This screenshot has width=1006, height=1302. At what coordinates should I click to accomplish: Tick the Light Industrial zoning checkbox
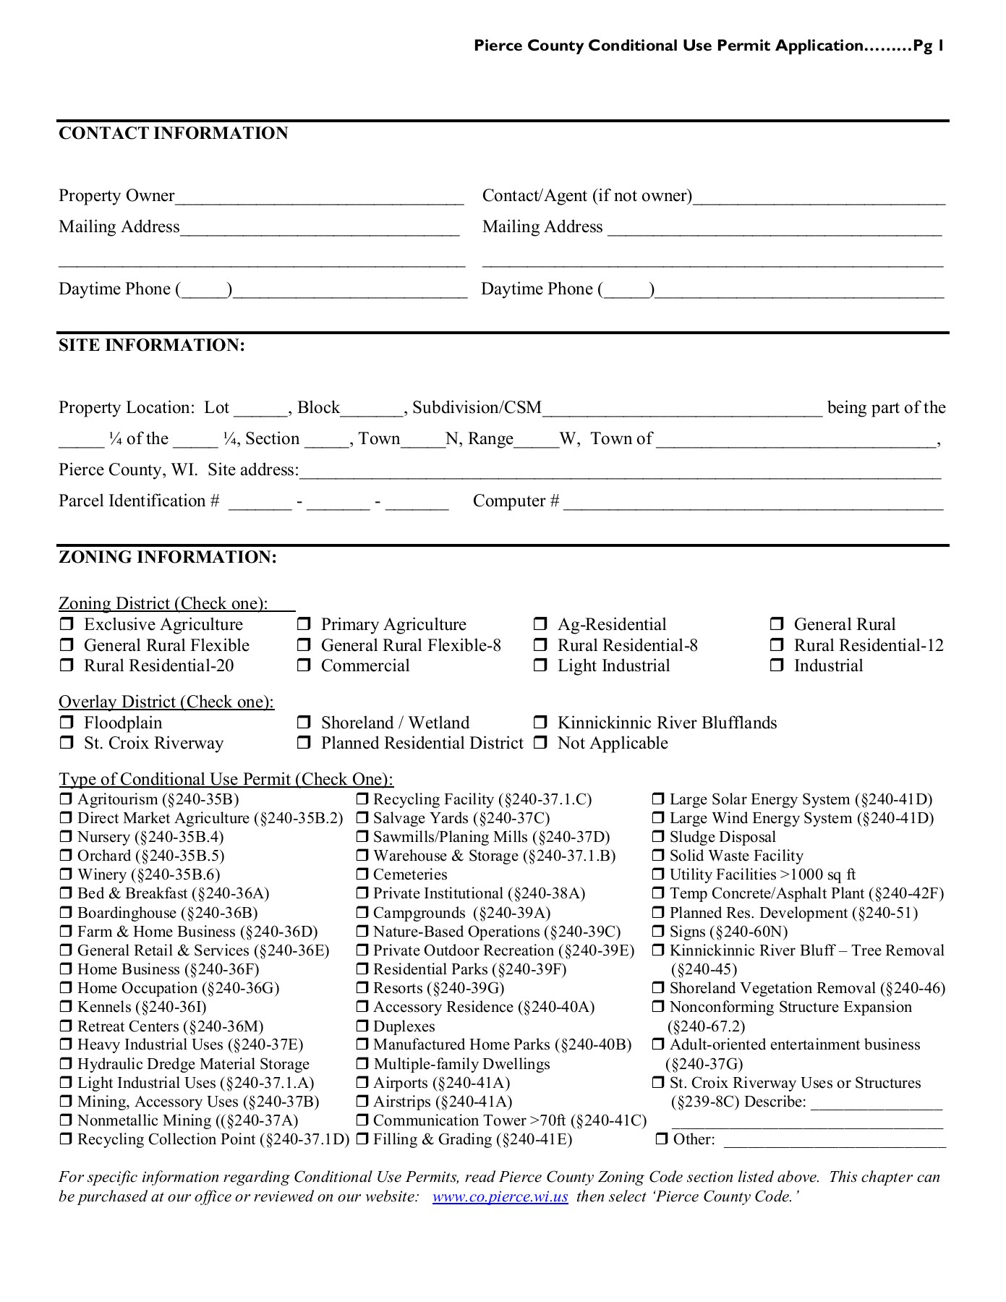tap(540, 666)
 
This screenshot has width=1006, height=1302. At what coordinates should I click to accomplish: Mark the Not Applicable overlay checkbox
tap(540, 744)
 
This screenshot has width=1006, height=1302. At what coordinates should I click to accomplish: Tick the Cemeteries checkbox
tap(362, 875)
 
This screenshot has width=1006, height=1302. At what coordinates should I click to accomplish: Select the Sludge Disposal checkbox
tap(658, 838)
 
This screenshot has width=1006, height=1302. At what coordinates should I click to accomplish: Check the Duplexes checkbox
tap(362, 1026)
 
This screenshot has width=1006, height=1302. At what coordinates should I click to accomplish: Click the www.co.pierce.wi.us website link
tap(500, 1197)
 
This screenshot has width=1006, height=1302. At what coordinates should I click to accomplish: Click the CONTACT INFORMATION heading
tap(173, 134)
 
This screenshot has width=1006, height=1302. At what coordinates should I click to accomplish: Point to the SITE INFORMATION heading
tap(152, 346)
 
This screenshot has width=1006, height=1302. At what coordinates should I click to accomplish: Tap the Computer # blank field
tap(753, 503)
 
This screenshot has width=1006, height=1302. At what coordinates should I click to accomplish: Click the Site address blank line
tap(620, 472)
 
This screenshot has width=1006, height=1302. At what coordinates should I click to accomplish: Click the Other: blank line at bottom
tap(834, 1141)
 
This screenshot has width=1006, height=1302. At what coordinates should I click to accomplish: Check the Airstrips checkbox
tap(362, 1102)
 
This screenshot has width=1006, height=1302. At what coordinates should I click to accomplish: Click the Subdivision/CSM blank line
tap(682, 410)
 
